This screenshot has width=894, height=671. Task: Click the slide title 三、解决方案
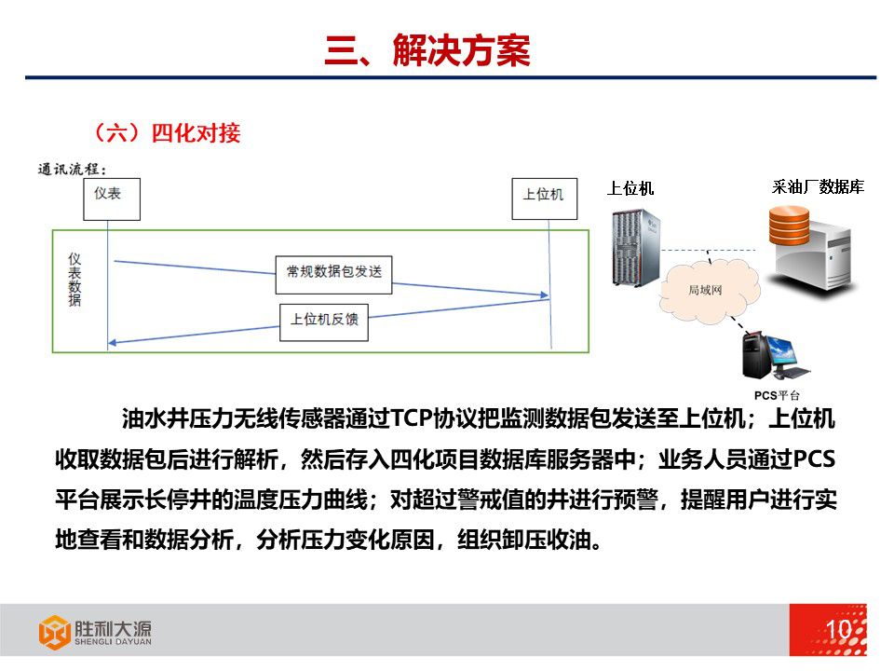[427, 50]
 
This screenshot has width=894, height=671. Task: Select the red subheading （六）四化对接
[167, 133]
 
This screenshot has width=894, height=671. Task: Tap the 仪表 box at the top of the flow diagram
[112, 199]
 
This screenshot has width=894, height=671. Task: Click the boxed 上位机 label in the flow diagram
[545, 199]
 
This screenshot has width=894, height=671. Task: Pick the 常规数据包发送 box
[334, 275]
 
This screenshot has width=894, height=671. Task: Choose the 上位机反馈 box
[324, 322]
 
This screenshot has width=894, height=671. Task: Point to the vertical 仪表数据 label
[74, 280]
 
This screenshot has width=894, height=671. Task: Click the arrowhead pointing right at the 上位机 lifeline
[545, 295]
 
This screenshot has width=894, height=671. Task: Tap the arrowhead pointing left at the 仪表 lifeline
[113, 343]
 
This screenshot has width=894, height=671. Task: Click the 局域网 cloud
[709, 290]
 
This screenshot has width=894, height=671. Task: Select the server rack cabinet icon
[636, 247]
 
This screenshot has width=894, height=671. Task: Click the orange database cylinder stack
[789, 226]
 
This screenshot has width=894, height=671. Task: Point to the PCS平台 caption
[777, 395]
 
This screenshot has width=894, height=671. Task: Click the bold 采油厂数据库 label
[818, 187]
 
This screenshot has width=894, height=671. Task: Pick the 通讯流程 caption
[73, 170]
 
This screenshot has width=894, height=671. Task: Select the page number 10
[838, 629]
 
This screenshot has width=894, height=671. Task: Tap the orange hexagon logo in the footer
[54, 632]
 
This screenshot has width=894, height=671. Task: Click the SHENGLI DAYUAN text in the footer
[113, 641]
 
